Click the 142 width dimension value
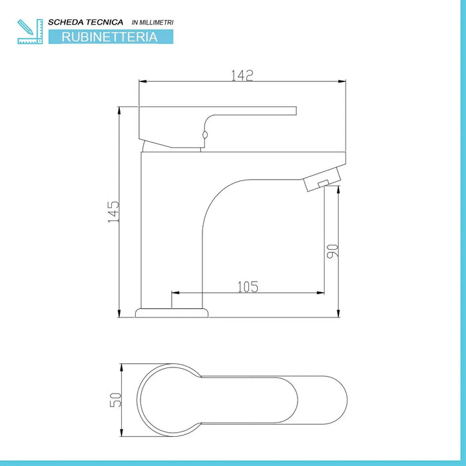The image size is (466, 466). (x=243, y=75)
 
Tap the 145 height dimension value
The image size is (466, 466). (x=114, y=212)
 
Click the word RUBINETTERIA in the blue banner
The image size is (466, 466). (x=110, y=37)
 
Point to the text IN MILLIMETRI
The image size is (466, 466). (x=153, y=23)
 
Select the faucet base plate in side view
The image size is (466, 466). (x=172, y=312)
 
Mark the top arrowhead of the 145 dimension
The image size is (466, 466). (x=119, y=109)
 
